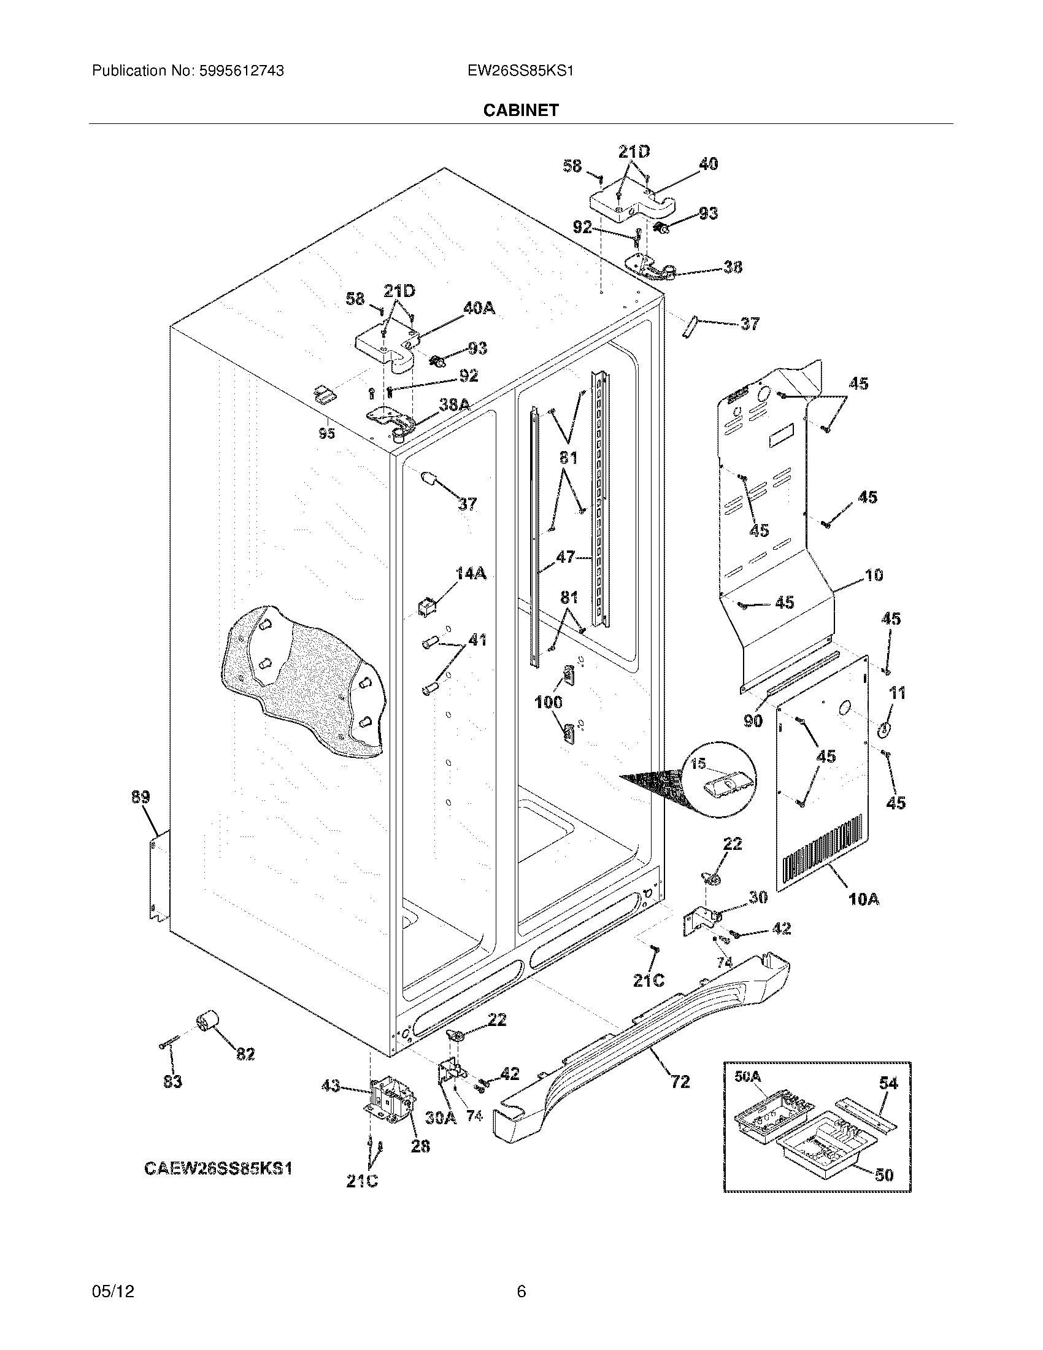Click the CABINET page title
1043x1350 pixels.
pos(520,110)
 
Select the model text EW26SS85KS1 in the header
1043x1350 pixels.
pos(520,71)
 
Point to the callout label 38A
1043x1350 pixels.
pos(455,405)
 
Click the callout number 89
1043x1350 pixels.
pos(140,796)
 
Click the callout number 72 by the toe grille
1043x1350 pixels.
pos(680,1081)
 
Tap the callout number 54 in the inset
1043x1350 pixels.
pos(888,1082)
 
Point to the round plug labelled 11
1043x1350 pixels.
pos(883,730)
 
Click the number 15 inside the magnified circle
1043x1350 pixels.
pos(698,765)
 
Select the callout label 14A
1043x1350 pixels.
pos(470,574)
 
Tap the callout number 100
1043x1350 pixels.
pos(548,702)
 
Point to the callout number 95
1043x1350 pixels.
pos(326,434)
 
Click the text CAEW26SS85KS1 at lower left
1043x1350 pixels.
pos(218,1168)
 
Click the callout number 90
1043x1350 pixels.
pos(753,721)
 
